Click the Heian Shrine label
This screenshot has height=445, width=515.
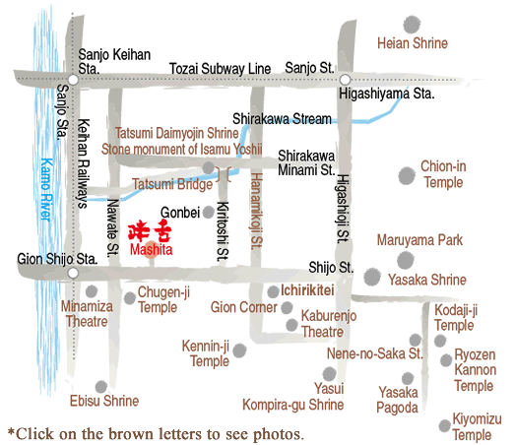(x=413, y=43)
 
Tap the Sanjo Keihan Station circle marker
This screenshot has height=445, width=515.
(x=73, y=80)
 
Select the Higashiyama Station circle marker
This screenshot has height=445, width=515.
(x=345, y=80)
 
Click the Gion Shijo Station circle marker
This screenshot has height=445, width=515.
(x=73, y=273)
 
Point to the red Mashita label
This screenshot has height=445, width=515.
(x=151, y=250)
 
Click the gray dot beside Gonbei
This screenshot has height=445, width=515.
(x=208, y=212)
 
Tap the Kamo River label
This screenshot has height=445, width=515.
(x=46, y=189)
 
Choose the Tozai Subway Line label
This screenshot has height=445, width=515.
(x=220, y=69)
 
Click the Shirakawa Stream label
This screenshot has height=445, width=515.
(x=282, y=119)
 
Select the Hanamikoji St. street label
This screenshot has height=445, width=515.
(x=256, y=211)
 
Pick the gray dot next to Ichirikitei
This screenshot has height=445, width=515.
(x=273, y=291)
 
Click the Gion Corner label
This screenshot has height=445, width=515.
(x=243, y=307)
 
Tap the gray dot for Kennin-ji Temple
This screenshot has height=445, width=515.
(x=239, y=350)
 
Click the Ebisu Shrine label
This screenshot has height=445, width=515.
(x=104, y=401)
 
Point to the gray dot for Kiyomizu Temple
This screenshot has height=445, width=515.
(x=444, y=425)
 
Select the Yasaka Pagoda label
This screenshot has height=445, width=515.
(x=398, y=400)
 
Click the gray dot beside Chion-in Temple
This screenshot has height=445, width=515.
(x=407, y=175)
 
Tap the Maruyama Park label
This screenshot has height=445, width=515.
(x=419, y=240)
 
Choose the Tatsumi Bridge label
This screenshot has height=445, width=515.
(x=172, y=184)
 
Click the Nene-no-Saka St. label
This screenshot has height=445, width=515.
(x=374, y=353)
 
